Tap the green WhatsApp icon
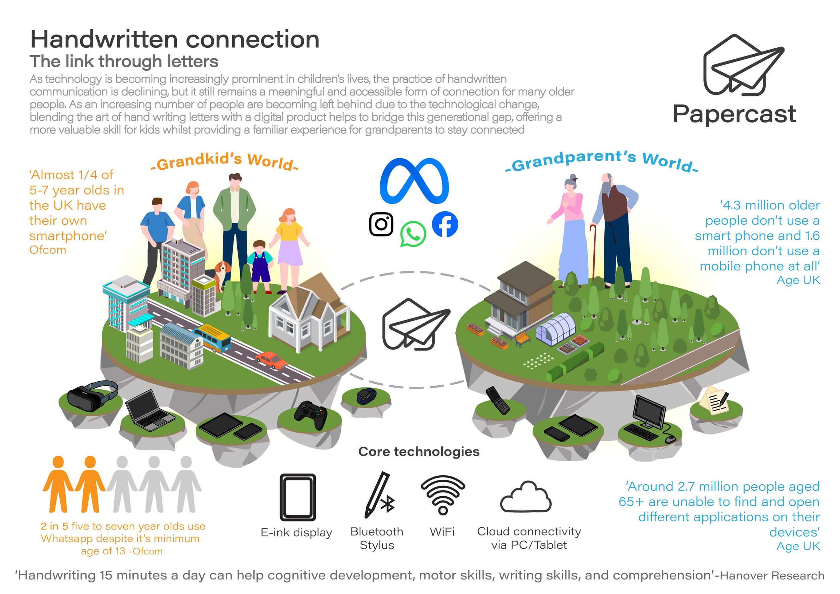[x=413, y=234]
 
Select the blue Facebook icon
[x=445, y=224]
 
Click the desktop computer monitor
[x=649, y=412]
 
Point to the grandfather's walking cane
[x=593, y=252]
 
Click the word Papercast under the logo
[x=734, y=114]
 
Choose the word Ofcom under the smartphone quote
[x=48, y=250]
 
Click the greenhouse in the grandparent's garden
[x=556, y=328]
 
